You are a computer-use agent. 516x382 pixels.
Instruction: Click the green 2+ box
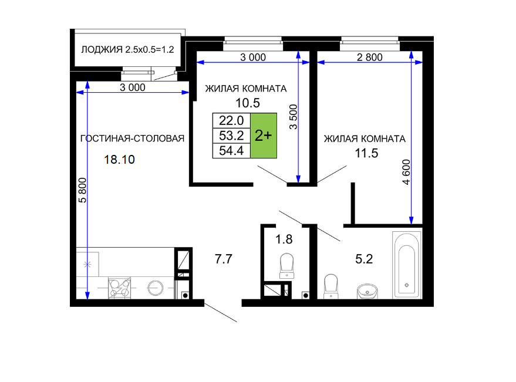pos(264,136)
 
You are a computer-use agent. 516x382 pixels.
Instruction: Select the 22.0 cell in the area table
pos(232,120)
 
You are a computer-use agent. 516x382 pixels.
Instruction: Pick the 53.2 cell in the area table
pos(232,136)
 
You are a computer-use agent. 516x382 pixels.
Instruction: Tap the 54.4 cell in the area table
pos(232,151)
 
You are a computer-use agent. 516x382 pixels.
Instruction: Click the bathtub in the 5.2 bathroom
pos(407,265)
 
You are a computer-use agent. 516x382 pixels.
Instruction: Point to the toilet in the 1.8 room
pos(286,266)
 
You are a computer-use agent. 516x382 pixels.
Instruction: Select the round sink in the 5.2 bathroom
pos(367,291)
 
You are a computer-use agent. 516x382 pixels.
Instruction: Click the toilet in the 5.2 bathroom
pos(331,286)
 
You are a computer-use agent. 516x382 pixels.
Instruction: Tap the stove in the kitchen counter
pos(119,288)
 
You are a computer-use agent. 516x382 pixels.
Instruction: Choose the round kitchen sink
pos(155,288)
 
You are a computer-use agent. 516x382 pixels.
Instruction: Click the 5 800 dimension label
pos(83,190)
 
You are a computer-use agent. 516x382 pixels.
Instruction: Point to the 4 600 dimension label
pos(407,172)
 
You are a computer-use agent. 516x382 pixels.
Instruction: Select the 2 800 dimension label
pos(370,58)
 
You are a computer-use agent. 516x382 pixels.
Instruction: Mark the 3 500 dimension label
pos(293,117)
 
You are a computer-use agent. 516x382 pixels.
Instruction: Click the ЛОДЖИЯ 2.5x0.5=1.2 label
pos(128,50)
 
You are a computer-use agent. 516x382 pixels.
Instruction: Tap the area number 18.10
pos(119,160)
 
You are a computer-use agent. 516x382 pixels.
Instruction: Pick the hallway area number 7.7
pos(224,259)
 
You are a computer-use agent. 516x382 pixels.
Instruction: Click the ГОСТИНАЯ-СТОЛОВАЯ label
pos(132,138)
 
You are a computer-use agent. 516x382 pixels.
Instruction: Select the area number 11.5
pos(366,153)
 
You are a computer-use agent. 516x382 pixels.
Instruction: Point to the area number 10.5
pos(248,103)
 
